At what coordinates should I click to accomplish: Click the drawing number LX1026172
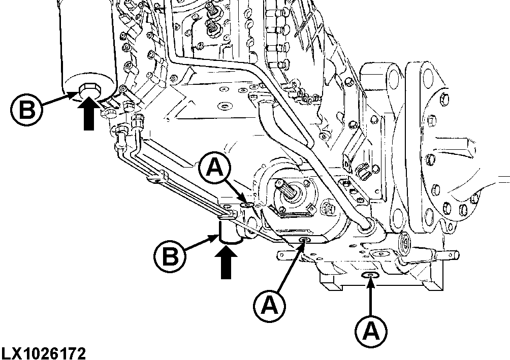43,352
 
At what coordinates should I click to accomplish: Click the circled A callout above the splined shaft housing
217,169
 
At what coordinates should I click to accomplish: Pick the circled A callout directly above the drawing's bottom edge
371,332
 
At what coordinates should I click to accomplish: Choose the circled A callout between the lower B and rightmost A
270,304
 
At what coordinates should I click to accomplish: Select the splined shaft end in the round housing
289,192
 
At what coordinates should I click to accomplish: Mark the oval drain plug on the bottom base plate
370,275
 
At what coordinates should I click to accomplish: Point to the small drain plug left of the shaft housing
247,205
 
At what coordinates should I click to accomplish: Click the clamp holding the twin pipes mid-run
157,178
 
